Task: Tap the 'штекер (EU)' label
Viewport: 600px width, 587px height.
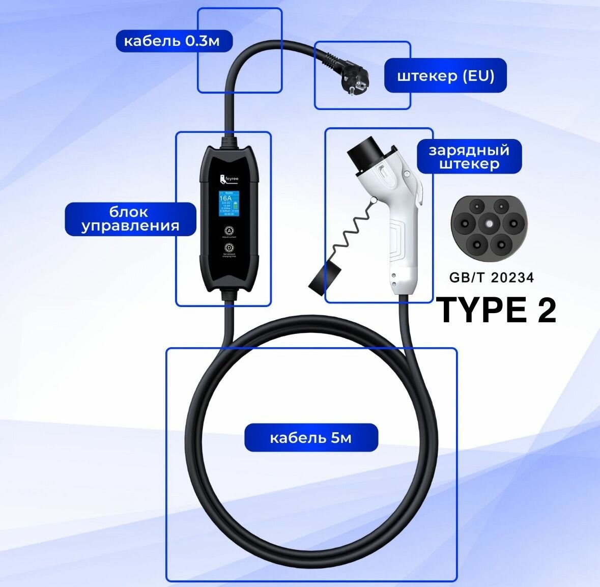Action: pos(445,76)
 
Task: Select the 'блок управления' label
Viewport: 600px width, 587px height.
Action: pos(130,219)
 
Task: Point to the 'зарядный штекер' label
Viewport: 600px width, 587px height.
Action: pos(469,157)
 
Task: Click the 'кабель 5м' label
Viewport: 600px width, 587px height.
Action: pos(311,438)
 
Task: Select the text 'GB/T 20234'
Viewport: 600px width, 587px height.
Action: pos(491,277)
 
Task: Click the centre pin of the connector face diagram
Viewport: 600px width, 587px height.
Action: pos(489,222)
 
